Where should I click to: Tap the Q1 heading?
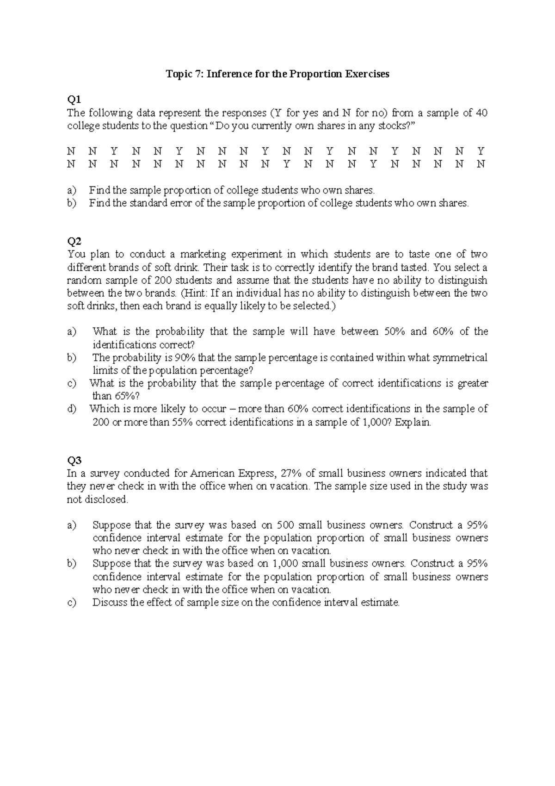[74, 99]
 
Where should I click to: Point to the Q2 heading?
[74, 241]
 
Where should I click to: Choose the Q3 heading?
[74, 460]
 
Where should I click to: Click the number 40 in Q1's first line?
[481, 113]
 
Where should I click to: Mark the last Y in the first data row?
[481, 151]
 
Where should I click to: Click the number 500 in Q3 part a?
[285, 525]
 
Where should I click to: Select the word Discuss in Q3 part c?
[110, 602]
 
